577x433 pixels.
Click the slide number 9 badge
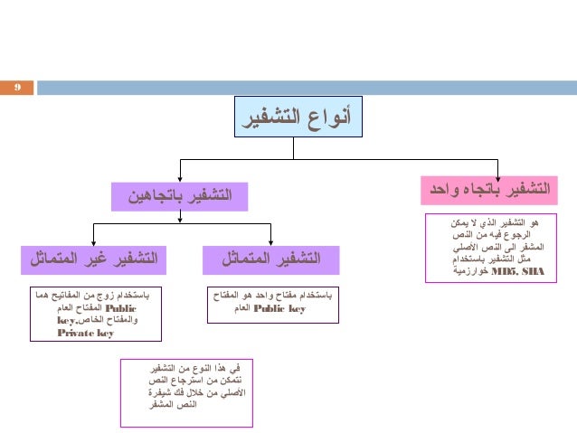click(x=16, y=88)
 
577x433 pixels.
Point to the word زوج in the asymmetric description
click(x=103, y=296)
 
